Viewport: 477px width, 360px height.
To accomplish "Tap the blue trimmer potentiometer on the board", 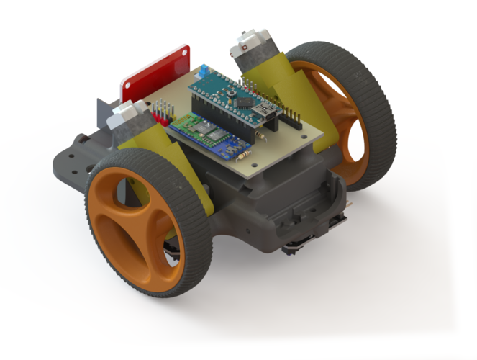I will pyautogui.click(x=205, y=71).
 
